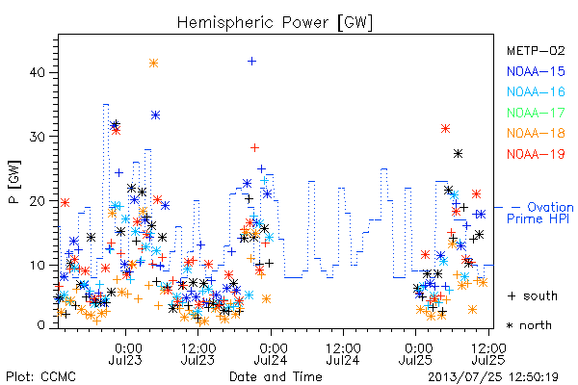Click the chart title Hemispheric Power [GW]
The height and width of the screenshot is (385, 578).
[275, 23]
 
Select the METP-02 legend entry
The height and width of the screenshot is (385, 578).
[536, 50]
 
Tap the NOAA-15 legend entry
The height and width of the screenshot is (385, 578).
[536, 71]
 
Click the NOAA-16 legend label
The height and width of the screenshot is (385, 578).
[536, 91]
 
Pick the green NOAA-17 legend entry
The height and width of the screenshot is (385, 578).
[536, 113]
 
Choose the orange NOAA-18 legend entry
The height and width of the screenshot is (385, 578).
[536, 133]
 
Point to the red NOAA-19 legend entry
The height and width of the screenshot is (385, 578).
[536, 154]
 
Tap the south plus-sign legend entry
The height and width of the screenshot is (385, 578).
[533, 295]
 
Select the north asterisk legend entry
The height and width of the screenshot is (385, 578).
[529, 325]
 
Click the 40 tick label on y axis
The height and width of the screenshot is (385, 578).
[38, 72]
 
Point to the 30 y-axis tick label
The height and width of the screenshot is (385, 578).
[38, 137]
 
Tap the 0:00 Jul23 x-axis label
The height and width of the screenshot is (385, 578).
[125, 353]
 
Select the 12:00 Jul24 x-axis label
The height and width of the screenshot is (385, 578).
[343, 353]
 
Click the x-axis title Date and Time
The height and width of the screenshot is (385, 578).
[276, 376]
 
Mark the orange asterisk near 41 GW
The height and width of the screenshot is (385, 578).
[154, 63]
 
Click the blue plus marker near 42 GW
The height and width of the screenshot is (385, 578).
[251, 62]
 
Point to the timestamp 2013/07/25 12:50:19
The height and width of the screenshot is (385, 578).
[493, 377]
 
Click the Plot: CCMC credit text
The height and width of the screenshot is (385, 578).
[40, 376]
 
